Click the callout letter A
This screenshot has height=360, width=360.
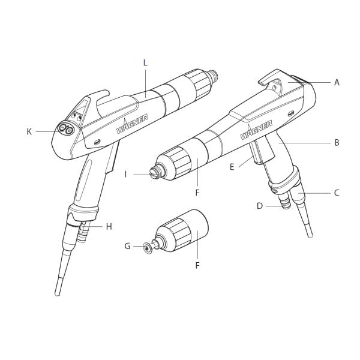337,82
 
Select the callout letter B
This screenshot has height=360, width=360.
337,143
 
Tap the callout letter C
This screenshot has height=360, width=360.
337,193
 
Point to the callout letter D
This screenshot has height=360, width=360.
260,205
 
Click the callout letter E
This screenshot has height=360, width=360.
232,166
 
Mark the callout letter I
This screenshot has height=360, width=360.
126,174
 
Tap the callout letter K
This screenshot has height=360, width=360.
29,131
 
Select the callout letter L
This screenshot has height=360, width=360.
145,62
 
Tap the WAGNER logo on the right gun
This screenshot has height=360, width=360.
257,130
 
